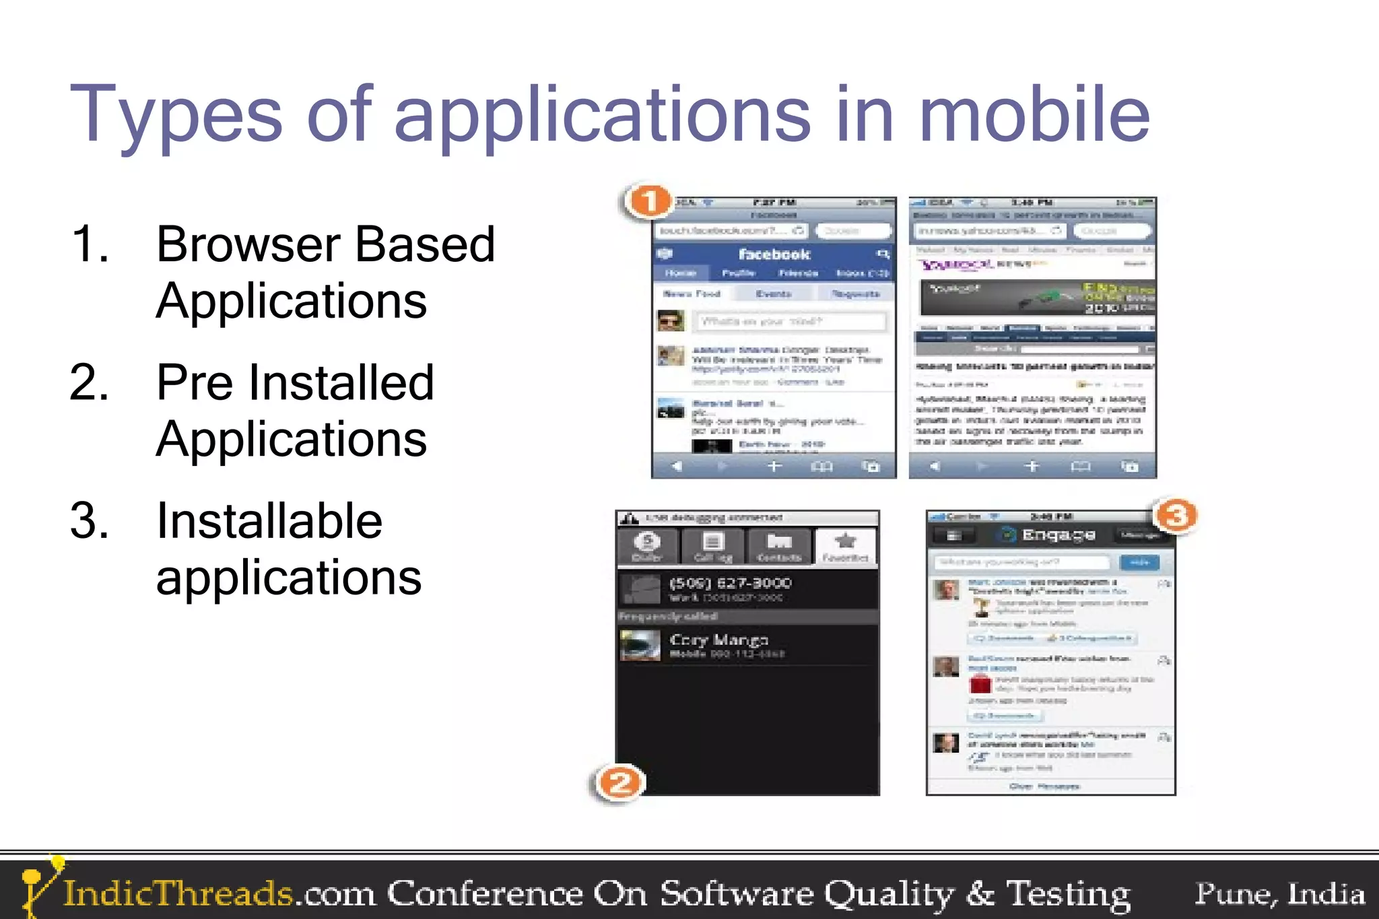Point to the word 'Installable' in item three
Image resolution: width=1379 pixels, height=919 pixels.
pos(269,521)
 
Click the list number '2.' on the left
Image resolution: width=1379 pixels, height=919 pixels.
pos(90,382)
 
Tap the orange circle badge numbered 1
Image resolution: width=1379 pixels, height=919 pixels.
pos(649,201)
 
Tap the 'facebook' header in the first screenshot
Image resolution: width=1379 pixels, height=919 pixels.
pos(774,254)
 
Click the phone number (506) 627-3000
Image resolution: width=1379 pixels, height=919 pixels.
pos(730,583)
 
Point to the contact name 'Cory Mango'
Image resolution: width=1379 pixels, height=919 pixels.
pos(718,640)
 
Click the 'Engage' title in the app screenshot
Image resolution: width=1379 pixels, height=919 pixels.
pos(1058,535)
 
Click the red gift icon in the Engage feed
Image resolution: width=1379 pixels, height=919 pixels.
pos(980,684)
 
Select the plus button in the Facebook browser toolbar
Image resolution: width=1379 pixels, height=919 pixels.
pos(774,466)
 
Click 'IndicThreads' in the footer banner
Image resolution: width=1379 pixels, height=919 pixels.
pos(178,893)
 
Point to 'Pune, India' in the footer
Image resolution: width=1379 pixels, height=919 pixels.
pos(1279,893)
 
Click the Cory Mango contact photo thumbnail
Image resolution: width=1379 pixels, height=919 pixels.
pos(640,645)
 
